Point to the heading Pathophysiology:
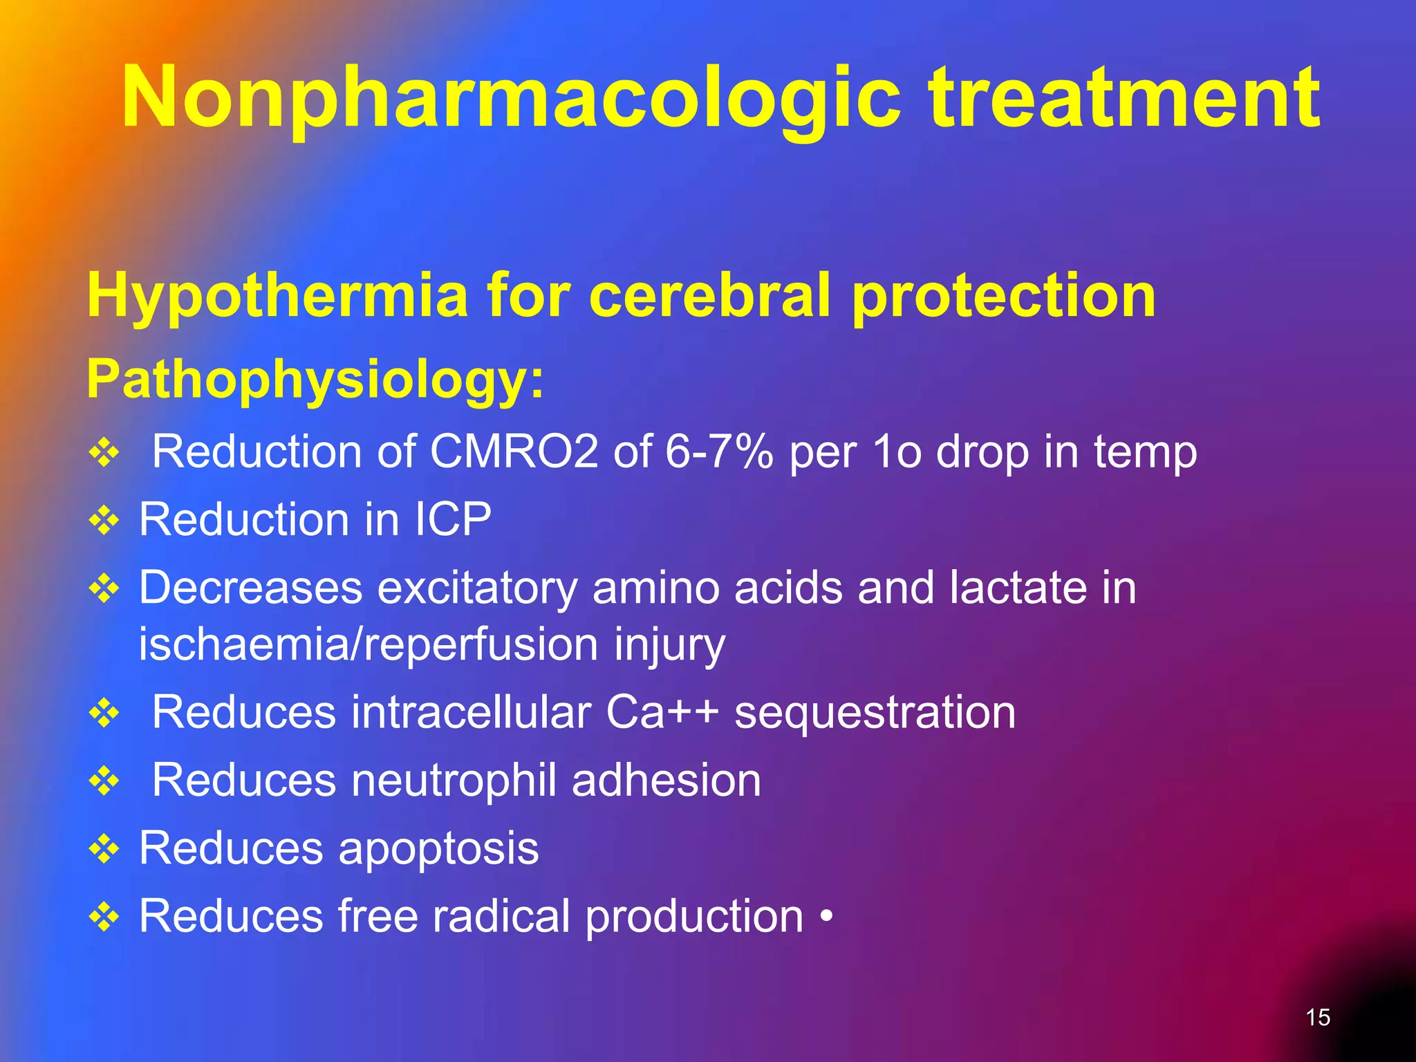(315, 380)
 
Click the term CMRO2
(514, 452)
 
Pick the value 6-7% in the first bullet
(718, 452)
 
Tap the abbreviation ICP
(453, 519)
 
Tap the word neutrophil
(454, 781)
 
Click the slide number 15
(1318, 1017)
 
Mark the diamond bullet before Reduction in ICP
(104, 521)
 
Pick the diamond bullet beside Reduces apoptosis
(104, 850)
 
